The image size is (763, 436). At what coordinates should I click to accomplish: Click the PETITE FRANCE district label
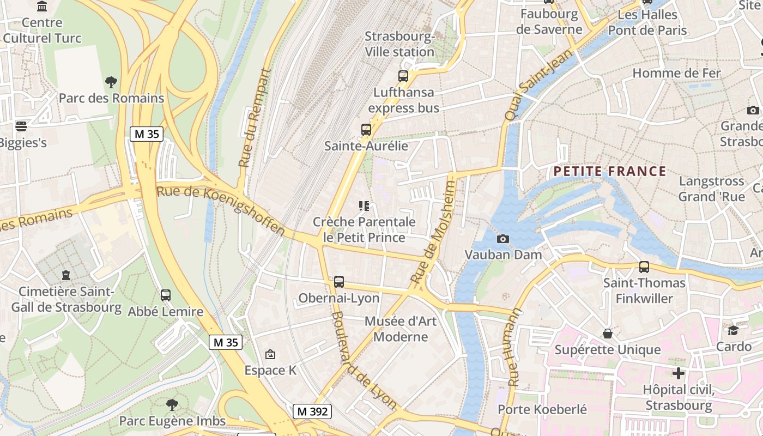coord(609,172)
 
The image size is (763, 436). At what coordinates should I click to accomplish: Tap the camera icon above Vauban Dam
coord(503,239)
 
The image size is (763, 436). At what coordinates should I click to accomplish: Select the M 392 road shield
coord(312,411)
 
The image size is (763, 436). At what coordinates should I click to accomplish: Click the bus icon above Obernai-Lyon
coord(339,282)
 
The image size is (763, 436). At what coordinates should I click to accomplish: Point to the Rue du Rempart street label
coord(255,118)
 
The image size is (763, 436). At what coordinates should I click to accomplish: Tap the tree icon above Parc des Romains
coord(111,82)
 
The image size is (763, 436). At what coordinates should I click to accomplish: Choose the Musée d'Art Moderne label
coord(401,329)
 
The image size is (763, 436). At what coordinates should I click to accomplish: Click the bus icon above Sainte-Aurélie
coord(366,130)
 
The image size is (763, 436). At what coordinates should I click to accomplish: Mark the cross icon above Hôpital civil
coord(679,373)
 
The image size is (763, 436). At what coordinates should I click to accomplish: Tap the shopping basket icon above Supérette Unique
coord(608,333)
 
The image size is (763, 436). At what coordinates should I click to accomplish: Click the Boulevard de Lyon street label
coord(364,360)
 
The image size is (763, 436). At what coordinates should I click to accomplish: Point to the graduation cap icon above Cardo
coord(734,330)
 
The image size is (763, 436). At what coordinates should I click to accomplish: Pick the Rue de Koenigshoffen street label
coord(221,210)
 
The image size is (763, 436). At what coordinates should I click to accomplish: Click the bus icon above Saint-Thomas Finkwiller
coord(644,267)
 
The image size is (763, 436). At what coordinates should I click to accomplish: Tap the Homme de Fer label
coord(676,73)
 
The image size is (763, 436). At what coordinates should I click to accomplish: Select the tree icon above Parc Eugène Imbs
coord(172,404)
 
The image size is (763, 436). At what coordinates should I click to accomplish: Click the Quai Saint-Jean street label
coord(539,84)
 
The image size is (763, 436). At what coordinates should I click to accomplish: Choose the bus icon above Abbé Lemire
coord(166,295)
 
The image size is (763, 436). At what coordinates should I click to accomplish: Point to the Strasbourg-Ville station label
coord(399,44)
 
